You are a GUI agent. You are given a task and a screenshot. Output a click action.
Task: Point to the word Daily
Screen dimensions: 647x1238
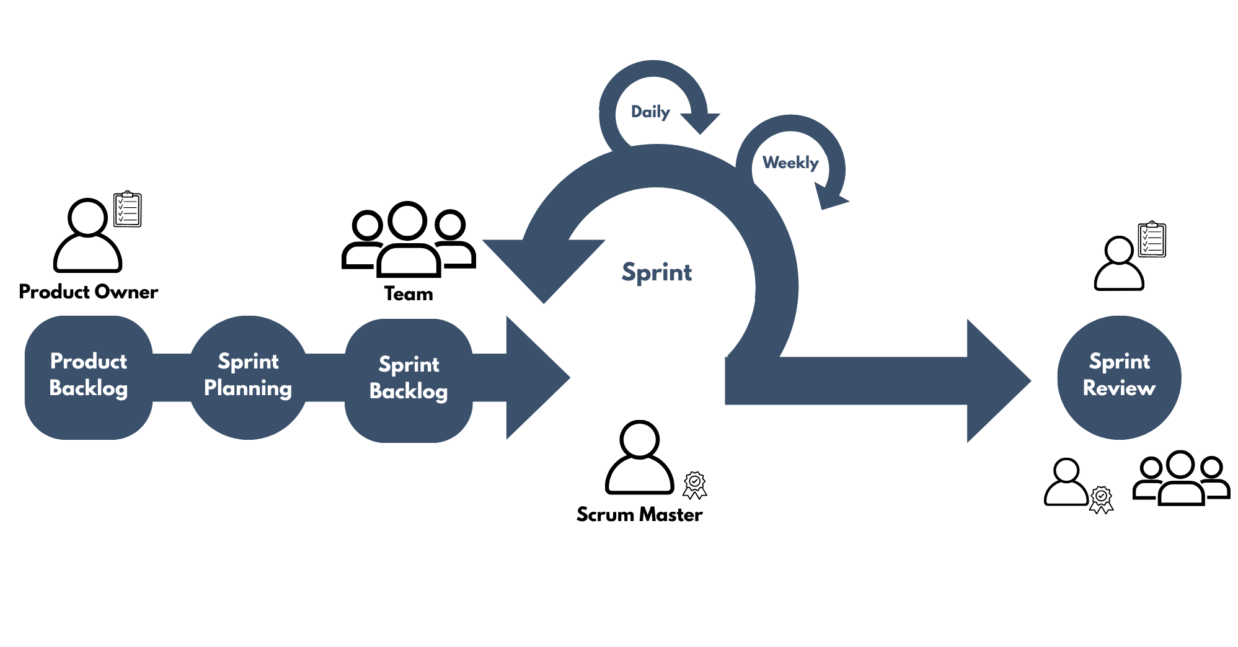click(x=650, y=112)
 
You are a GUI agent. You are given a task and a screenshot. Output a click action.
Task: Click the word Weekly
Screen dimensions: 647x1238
click(x=790, y=163)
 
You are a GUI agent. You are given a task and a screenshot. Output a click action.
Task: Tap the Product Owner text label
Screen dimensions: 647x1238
click(x=89, y=292)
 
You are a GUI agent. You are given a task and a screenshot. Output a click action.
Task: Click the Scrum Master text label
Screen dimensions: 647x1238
click(x=639, y=514)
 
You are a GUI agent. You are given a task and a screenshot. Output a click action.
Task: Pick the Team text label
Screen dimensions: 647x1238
click(x=409, y=293)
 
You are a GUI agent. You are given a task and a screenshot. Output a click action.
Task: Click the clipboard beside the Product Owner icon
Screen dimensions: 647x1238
click(x=128, y=210)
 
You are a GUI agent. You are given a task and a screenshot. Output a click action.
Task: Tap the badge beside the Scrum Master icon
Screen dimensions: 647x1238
click(x=695, y=485)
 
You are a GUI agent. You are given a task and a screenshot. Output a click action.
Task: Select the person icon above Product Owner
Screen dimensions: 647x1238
click(x=87, y=236)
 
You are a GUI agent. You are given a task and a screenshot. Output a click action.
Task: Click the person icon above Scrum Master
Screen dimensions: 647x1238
click(x=639, y=458)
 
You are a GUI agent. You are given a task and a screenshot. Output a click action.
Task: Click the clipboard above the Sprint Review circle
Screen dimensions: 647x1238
click(x=1152, y=239)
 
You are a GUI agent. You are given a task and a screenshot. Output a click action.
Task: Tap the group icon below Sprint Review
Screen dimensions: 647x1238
click(x=1181, y=478)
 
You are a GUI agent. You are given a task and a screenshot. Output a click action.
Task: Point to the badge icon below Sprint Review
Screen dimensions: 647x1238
click(x=1101, y=499)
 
